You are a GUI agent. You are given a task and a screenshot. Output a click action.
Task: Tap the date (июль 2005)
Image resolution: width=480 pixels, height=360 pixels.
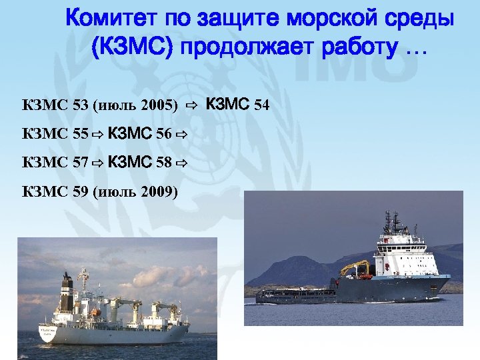point(136,105)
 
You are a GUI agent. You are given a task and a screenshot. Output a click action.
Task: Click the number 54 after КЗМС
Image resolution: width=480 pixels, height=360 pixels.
point(261,105)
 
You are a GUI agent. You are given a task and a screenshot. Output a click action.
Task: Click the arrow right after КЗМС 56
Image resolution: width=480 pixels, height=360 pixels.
point(180,135)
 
